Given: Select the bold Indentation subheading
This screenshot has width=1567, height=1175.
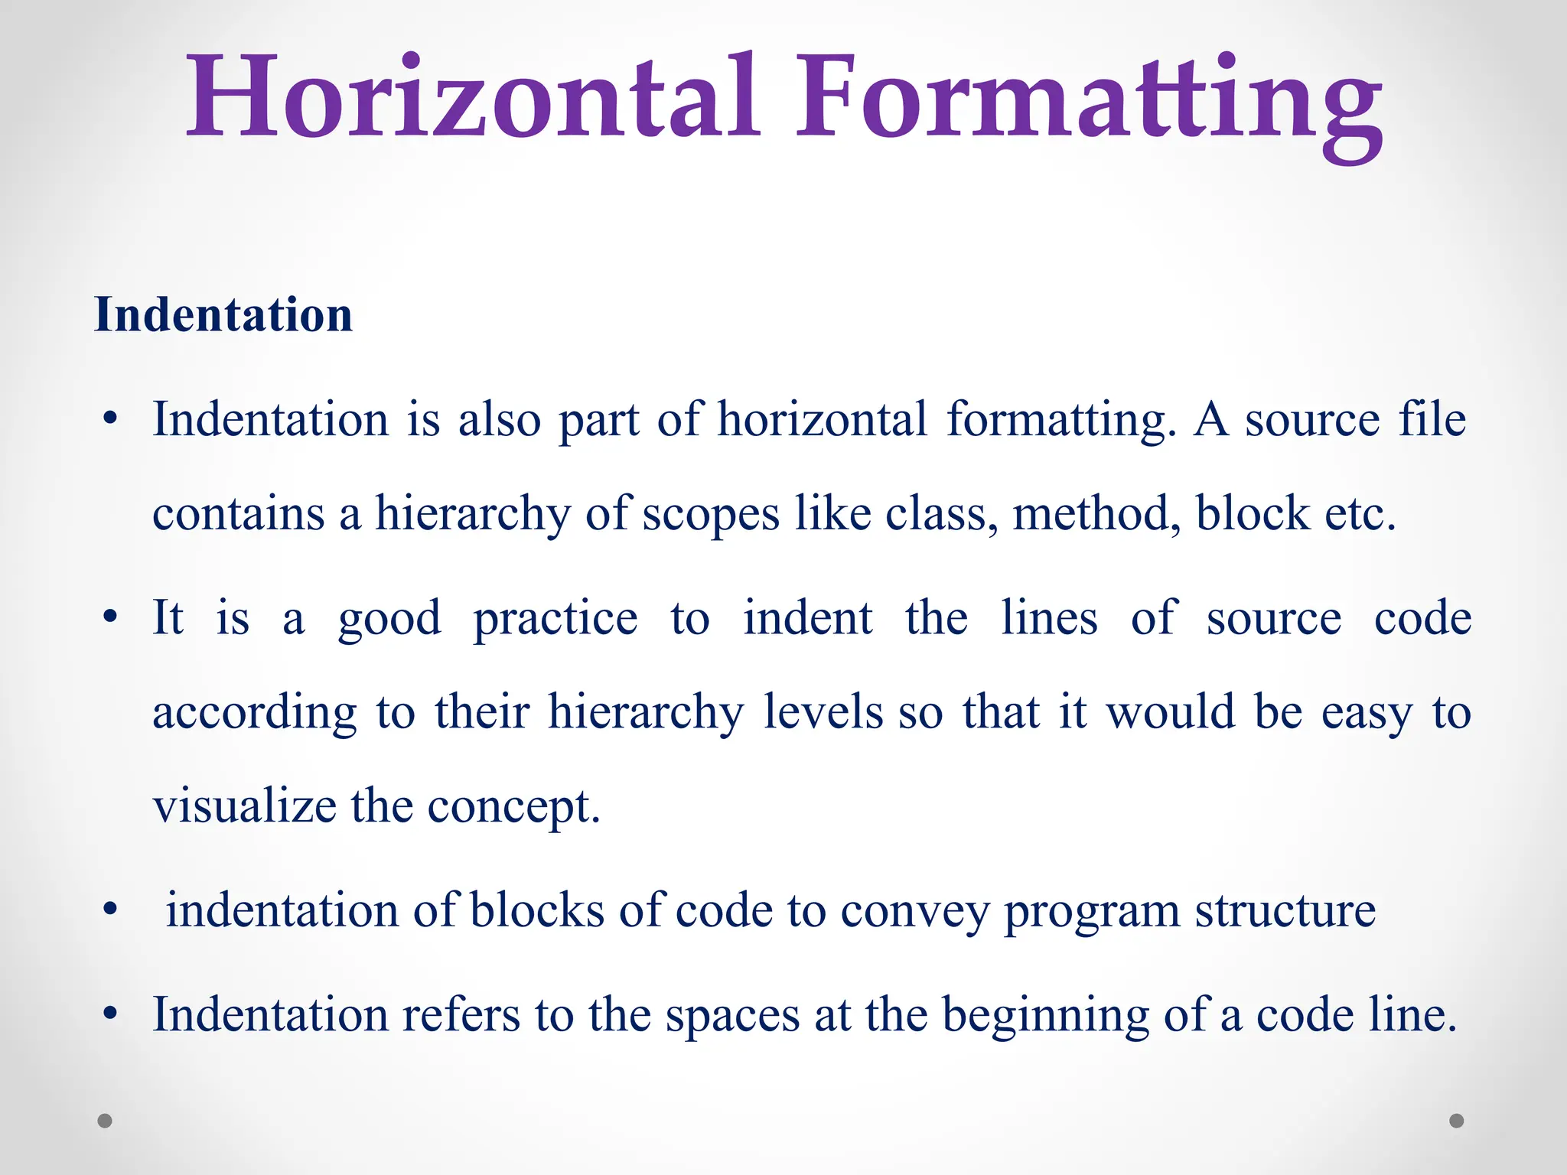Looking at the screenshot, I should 223,314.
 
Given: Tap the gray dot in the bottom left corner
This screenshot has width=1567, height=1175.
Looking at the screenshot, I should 105,1121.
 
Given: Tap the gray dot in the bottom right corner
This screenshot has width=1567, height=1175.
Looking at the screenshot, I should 1457,1121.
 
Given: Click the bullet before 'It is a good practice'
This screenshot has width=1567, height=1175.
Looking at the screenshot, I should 110,617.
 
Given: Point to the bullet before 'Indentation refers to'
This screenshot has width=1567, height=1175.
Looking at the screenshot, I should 110,1014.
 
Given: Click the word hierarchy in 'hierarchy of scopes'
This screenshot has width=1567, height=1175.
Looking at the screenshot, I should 472,514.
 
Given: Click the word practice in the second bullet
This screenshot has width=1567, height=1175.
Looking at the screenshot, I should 555,618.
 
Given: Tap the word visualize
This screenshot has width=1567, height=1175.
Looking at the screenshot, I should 244,806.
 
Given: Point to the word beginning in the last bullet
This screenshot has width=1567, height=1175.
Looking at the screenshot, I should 1045,1016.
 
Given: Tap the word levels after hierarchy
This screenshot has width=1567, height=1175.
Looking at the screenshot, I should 823,711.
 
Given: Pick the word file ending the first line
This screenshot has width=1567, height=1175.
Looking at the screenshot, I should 1432,419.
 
